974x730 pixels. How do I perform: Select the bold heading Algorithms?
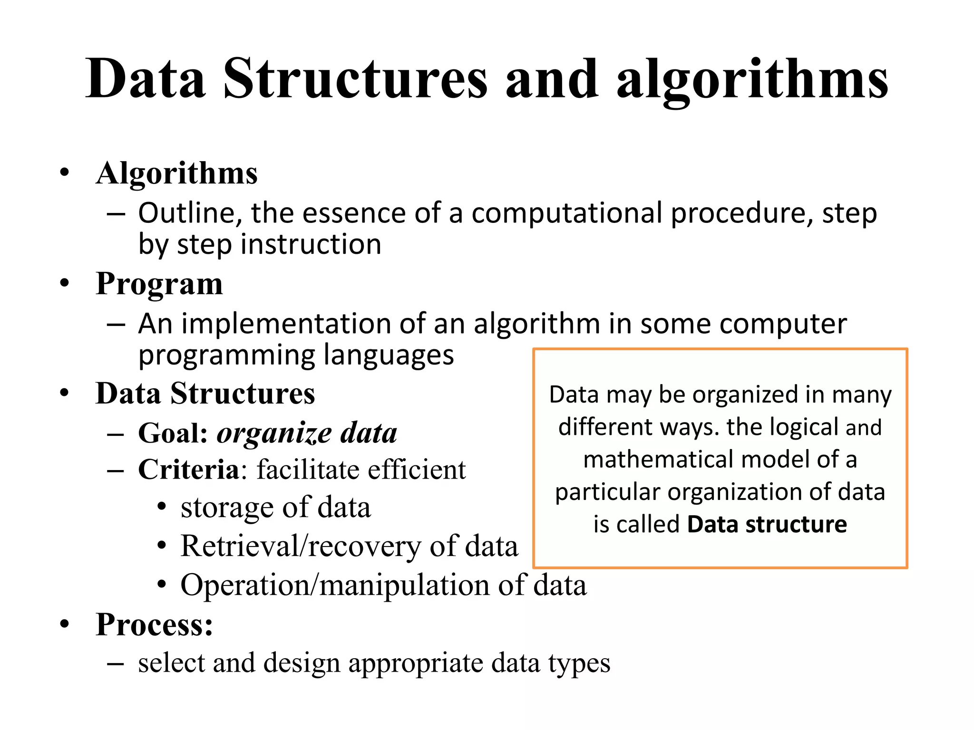[x=176, y=173]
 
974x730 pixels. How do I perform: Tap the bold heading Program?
[x=159, y=285]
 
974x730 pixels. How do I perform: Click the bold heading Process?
[x=154, y=624]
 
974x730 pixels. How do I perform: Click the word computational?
[x=567, y=214]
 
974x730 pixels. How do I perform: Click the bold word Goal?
[x=173, y=433]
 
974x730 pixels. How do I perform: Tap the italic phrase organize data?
[x=307, y=433]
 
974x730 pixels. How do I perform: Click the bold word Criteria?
[x=188, y=470]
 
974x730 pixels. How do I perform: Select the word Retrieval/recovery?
[x=301, y=546]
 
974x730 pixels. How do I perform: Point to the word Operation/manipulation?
[x=335, y=585]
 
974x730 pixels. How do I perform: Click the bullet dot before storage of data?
[x=162, y=507]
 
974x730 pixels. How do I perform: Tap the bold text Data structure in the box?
[x=767, y=524]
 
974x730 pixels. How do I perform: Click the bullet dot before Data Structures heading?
[x=65, y=394]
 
